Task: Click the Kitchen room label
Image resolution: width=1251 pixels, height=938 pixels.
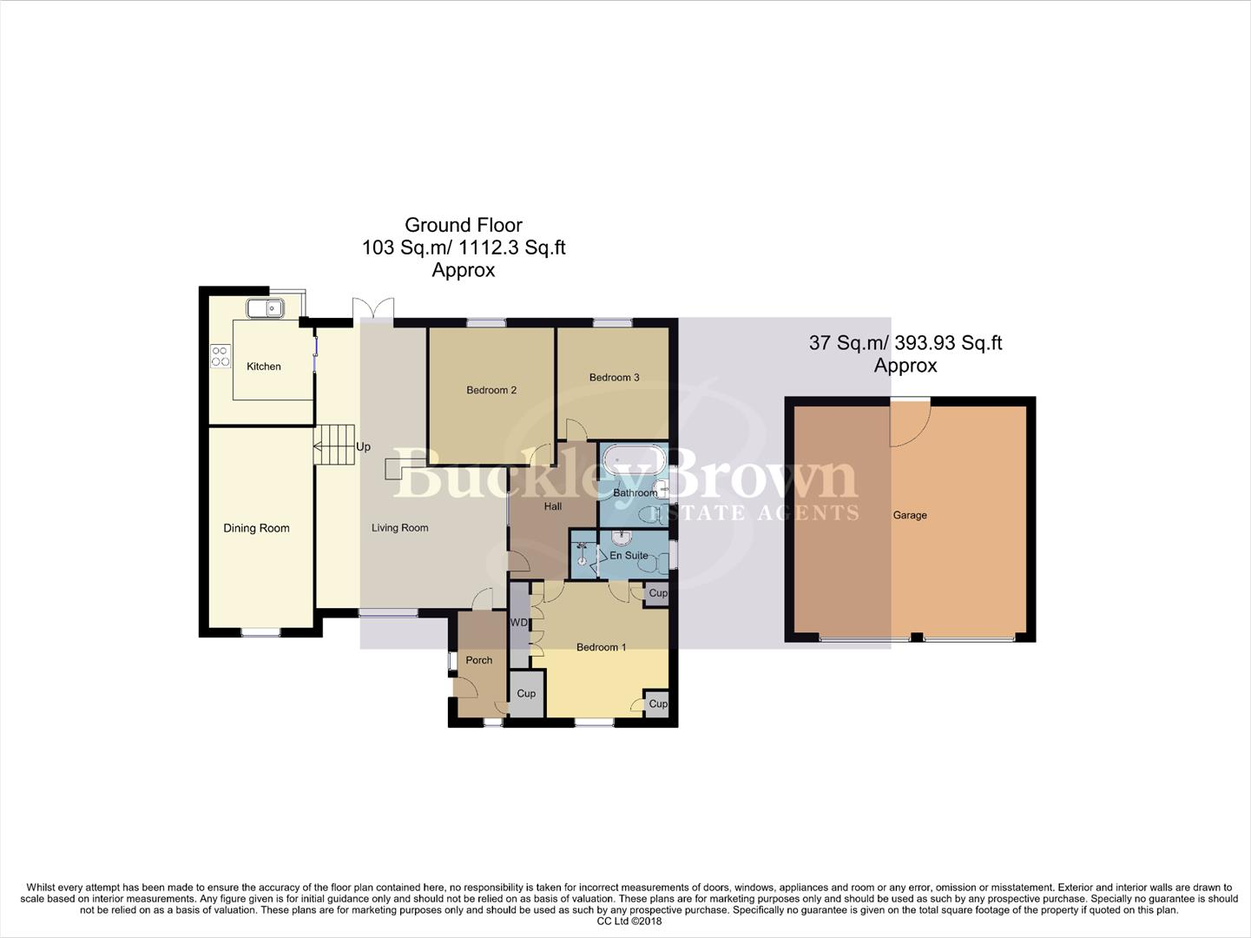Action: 263,367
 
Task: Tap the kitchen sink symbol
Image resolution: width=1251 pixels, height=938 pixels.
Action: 266,307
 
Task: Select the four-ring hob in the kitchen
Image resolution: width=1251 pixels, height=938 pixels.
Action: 221,356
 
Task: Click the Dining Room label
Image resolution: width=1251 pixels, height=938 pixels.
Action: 256,528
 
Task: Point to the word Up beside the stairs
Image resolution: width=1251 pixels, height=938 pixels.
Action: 363,447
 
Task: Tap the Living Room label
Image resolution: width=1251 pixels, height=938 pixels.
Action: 399,528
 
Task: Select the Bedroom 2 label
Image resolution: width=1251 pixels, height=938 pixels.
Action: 491,390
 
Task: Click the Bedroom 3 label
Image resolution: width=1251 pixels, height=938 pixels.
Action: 614,377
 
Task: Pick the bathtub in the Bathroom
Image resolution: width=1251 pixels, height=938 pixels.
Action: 634,458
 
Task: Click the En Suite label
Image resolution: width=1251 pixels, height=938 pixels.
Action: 629,555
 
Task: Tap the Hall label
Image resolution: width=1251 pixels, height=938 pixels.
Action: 552,506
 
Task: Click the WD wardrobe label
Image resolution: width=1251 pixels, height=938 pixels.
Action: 518,623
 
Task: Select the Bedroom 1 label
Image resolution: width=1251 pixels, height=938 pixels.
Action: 601,647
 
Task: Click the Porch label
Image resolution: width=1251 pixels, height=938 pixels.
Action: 478,660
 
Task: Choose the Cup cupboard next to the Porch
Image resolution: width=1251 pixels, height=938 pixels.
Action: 526,694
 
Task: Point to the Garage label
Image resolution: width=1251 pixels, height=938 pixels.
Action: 910,515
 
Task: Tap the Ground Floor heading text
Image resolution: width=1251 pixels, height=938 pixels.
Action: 463,226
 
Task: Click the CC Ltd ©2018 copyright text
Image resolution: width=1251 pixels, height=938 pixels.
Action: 624,921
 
